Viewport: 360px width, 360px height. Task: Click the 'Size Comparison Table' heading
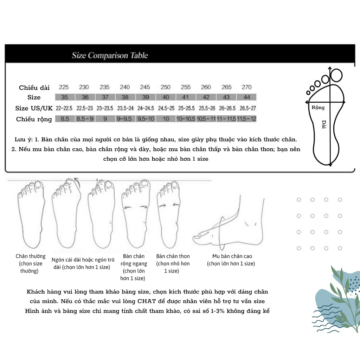point(110,55)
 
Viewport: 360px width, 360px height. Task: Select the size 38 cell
point(126,97)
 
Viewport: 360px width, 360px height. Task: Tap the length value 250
point(165,87)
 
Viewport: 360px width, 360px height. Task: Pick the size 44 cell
point(246,97)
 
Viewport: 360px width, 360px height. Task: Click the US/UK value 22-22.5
point(64,108)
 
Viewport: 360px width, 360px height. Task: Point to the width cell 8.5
point(65,119)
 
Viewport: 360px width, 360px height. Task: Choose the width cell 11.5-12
point(246,119)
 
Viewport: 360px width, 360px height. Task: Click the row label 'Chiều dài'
point(34,88)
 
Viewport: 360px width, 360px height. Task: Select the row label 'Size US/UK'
point(34,108)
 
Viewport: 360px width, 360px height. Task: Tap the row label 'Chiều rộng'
point(34,120)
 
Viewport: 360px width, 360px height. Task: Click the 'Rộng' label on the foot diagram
point(318,108)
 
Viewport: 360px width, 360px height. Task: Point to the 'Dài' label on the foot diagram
point(324,124)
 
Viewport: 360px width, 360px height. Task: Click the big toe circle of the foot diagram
point(336,75)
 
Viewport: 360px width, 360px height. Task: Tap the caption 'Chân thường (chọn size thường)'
point(30,263)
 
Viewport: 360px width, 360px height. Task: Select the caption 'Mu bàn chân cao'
point(232,256)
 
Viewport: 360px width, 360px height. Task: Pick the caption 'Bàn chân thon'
point(173,256)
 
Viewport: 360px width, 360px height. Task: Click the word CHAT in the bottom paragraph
point(147,301)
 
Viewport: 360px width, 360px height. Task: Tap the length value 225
point(64,87)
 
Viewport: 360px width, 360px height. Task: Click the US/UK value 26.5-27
point(248,108)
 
